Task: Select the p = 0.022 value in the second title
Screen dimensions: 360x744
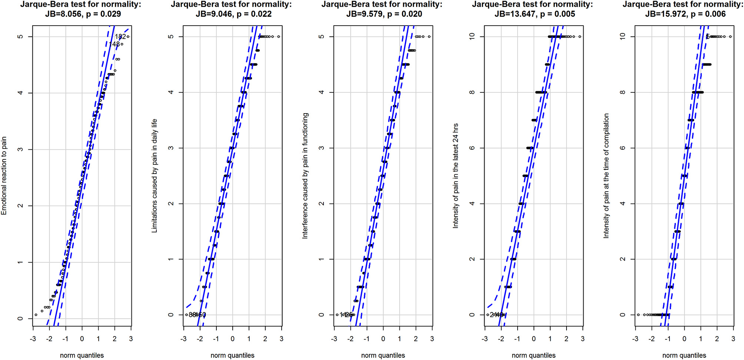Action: click(x=254, y=14)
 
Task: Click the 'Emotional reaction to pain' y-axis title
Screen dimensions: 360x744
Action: click(x=4, y=176)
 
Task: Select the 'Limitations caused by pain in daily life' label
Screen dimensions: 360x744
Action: click(x=155, y=176)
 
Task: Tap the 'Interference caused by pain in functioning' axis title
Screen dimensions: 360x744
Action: click(x=305, y=176)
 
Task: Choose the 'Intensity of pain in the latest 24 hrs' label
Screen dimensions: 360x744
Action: click(x=456, y=176)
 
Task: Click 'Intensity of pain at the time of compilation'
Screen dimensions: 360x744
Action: click(x=607, y=176)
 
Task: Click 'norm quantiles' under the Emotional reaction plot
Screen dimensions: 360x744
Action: click(x=82, y=355)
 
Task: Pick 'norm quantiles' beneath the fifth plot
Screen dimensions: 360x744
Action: click(x=684, y=355)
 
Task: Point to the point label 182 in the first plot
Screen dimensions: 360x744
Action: click(x=120, y=37)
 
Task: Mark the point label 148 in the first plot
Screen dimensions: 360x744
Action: click(x=114, y=44)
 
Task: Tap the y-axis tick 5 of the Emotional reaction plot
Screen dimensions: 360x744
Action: click(x=20, y=37)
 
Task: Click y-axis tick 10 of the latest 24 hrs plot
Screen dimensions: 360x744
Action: click(x=472, y=36)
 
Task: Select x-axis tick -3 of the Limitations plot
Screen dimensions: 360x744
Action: click(x=184, y=339)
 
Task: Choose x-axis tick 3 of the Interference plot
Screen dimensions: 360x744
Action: click(x=432, y=339)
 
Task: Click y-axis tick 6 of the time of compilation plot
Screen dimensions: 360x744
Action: click(x=623, y=148)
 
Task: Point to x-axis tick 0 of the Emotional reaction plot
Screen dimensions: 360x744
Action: click(x=82, y=339)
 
